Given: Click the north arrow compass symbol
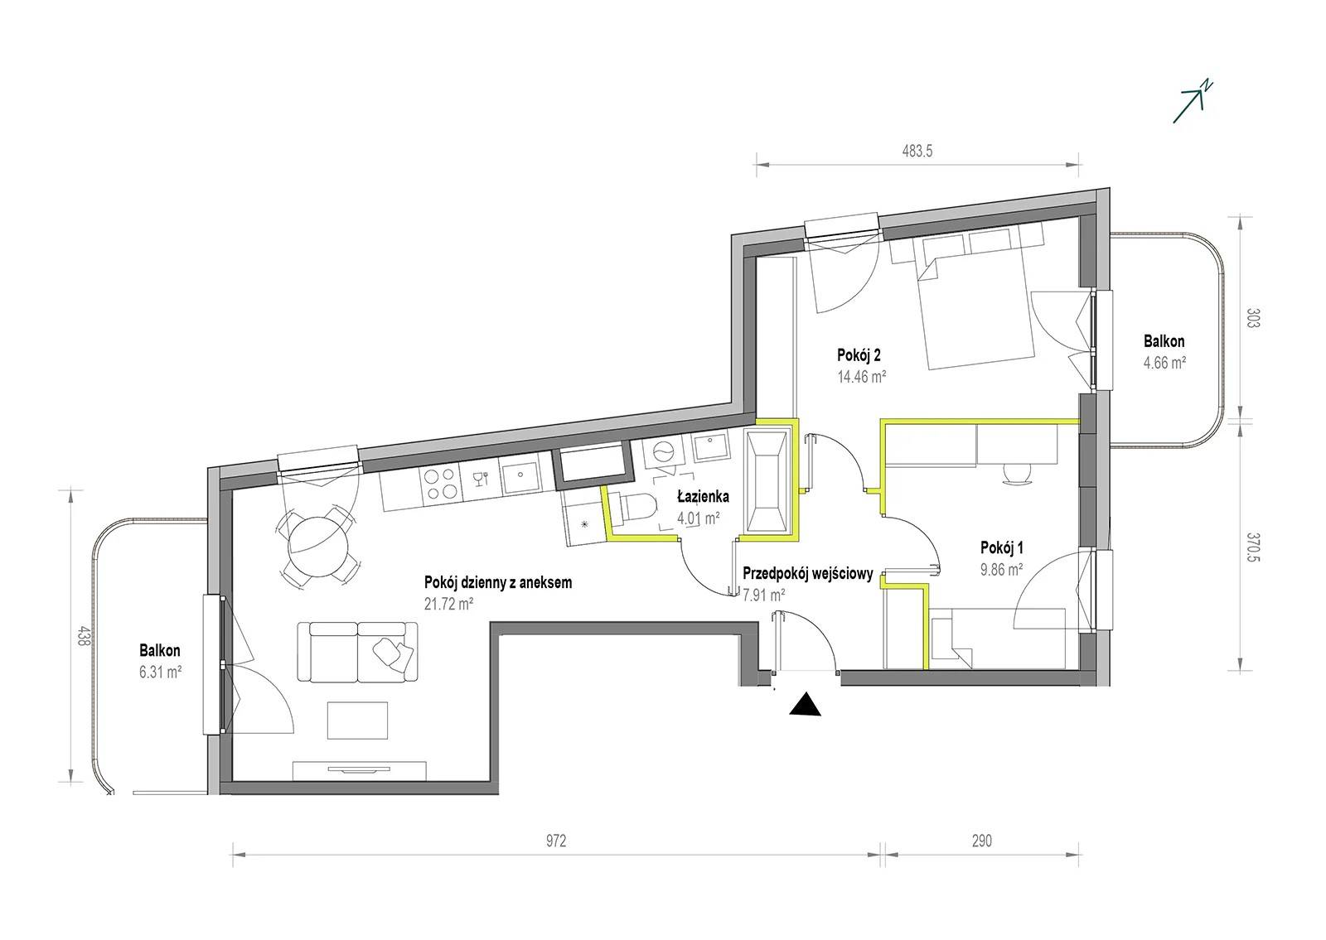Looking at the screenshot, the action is pyautogui.click(x=1191, y=111).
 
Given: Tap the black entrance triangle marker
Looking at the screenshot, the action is pyautogui.click(x=806, y=705).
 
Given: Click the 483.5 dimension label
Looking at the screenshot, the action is pyautogui.click(x=917, y=151).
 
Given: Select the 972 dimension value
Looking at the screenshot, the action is pyautogui.click(x=556, y=841).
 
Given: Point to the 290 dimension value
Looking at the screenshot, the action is pyautogui.click(x=981, y=841).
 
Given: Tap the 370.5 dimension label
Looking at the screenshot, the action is pyautogui.click(x=1252, y=547).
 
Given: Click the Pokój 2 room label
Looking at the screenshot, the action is pyautogui.click(x=859, y=355).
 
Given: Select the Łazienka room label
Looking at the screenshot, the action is pyautogui.click(x=704, y=497).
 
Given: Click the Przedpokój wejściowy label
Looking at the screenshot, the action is pyautogui.click(x=808, y=574).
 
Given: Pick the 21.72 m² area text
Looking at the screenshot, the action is pyautogui.click(x=448, y=604).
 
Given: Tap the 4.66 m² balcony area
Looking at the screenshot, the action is pyautogui.click(x=1164, y=363).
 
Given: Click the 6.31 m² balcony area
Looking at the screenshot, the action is pyautogui.click(x=161, y=672).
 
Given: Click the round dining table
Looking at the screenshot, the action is pyautogui.click(x=319, y=545).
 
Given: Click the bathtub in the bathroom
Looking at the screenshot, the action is pyautogui.click(x=767, y=481).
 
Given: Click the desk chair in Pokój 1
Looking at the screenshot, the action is pyautogui.click(x=1017, y=474).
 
